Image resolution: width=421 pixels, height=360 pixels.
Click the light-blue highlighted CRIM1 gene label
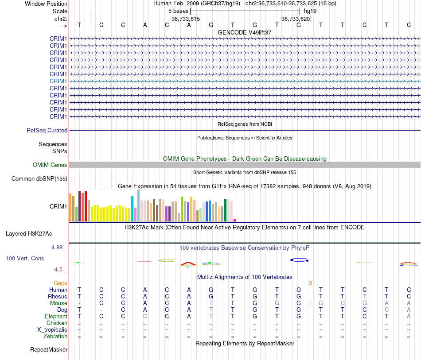(x=58, y=81)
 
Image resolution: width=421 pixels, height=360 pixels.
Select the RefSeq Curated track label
(x=47, y=130)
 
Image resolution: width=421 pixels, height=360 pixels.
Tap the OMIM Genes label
(x=50, y=165)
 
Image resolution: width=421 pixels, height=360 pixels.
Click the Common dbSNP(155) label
(x=39, y=178)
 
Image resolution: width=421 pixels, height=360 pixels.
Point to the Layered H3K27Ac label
(x=29, y=234)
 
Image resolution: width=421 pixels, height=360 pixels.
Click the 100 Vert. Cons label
(x=25, y=258)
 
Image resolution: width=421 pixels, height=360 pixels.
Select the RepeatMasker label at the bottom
(x=49, y=349)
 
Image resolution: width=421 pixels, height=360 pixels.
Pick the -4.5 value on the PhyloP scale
(x=58, y=270)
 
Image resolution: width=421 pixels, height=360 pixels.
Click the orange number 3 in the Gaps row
(x=310, y=283)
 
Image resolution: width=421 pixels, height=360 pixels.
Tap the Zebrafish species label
(x=55, y=336)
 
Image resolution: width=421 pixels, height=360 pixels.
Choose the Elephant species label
(x=56, y=316)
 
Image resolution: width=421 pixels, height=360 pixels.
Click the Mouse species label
(x=58, y=303)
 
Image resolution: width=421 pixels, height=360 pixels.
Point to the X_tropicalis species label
(x=52, y=330)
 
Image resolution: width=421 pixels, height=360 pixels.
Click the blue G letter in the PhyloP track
(x=300, y=260)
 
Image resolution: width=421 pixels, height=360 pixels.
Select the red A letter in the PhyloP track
(x=188, y=264)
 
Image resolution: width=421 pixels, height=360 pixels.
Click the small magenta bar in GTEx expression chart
(x=235, y=220)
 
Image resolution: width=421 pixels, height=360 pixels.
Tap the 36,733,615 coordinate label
(x=186, y=19)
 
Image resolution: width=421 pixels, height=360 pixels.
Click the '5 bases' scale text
(x=178, y=11)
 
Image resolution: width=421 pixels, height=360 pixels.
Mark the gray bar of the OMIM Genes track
(x=245, y=165)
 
